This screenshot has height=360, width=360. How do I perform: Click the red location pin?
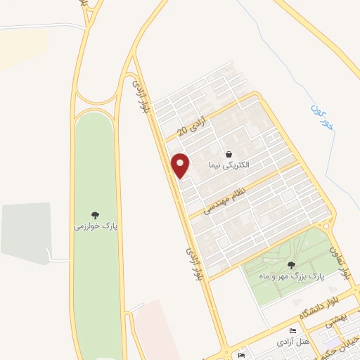[181, 165]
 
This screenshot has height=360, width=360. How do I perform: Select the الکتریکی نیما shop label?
[229, 165]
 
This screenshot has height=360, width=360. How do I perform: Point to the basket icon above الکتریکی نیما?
[229, 154]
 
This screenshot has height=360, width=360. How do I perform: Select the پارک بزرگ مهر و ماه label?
[291, 276]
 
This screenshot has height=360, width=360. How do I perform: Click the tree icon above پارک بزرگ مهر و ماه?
[291, 265]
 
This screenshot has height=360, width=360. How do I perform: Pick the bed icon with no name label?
[241, 355]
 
